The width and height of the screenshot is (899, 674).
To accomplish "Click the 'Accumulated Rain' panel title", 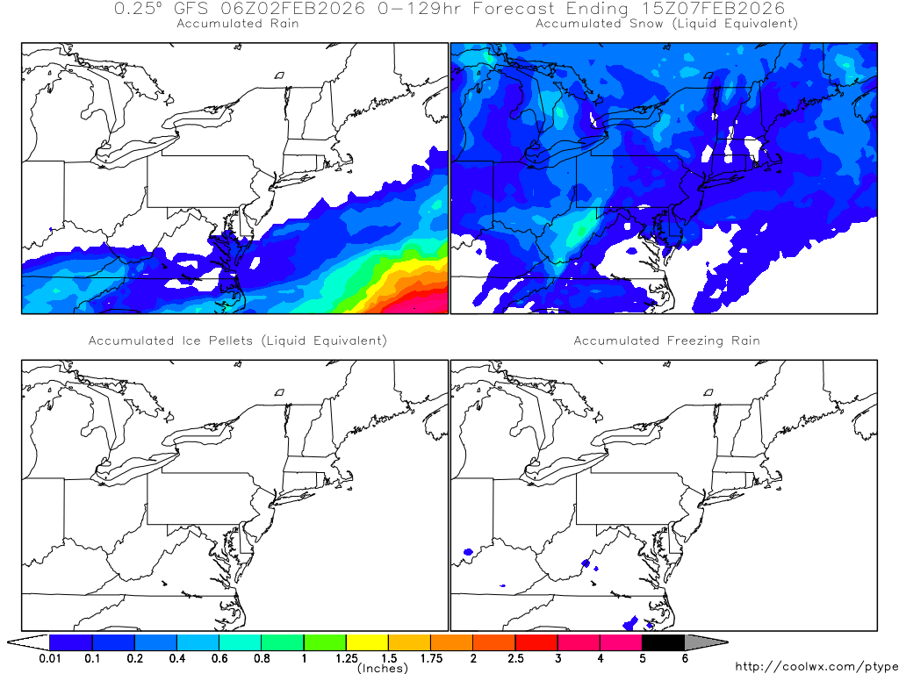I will pyautogui.click(x=238, y=24).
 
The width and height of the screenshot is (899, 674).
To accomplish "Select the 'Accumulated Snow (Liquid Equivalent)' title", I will pyautogui.click(x=666, y=24).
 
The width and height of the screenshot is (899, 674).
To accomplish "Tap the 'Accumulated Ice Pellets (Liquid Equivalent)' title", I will pyautogui.click(x=237, y=341).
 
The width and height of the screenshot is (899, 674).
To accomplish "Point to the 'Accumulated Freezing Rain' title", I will pyautogui.click(x=666, y=341).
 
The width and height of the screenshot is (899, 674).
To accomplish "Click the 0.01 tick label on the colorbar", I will pyautogui.click(x=49, y=658).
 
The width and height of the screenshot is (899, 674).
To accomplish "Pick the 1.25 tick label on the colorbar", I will pyautogui.click(x=346, y=658).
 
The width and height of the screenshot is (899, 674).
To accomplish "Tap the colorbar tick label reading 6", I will pyautogui.click(x=685, y=658).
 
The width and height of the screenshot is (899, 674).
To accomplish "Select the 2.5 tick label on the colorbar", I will pyautogui.click(x=515, y=658).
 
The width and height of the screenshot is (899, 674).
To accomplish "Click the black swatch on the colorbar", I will pyautogui.click(x=663, y=642).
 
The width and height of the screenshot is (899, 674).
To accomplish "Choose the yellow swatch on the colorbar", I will pyautogui.click(x=367, y=642).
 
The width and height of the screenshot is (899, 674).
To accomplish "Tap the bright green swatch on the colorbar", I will pyautogui.click(x=325, y=642).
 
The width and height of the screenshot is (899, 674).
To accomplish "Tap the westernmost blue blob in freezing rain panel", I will pyautogui.click(x=468, y=553).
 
